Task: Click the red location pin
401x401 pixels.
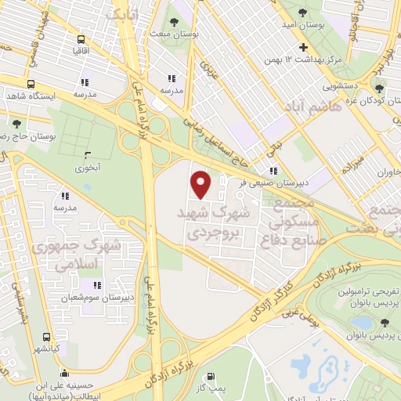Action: coord(202,184)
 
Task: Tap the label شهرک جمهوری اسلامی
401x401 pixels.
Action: coord(78,255)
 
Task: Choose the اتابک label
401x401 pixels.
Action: coord(124,14)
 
